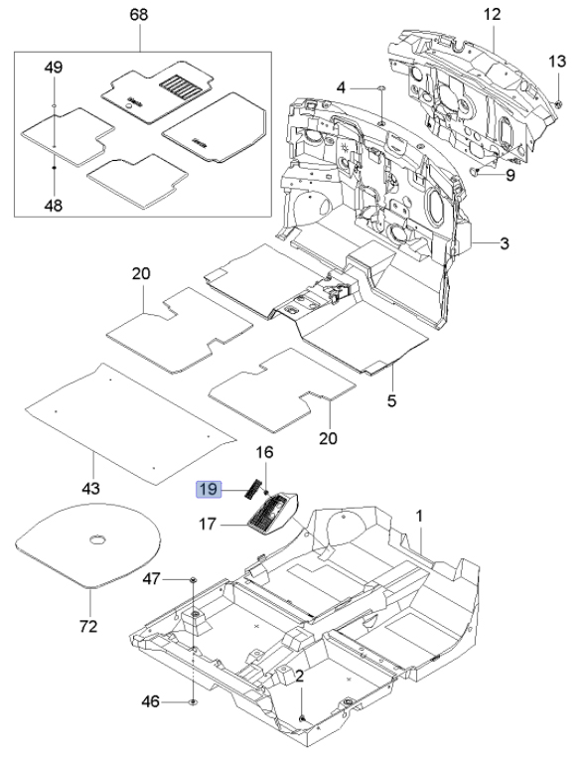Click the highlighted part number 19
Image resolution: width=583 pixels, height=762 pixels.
(x=209, y=489)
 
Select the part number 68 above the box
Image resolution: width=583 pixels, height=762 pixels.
(x=138, y=15)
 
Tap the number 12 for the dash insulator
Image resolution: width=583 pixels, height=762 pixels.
(x=492, y=14)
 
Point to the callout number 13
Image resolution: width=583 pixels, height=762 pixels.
(x=557, y=62)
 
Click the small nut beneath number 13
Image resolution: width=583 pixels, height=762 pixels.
(x=559, y=102)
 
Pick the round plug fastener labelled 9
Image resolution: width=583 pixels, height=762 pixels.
(x=475, y=171)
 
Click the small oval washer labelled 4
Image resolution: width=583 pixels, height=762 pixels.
(x=381, y=88)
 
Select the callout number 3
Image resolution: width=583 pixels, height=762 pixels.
(x=505, y=243)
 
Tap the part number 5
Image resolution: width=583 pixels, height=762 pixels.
(x=391, y=400)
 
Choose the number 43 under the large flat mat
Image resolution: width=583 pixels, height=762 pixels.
(x=90, y=488)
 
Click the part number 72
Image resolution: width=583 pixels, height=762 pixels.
(x=88, y=627)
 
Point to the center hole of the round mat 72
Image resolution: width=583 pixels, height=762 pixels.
(x=98, y=538)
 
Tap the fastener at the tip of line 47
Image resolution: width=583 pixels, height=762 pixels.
(x=193, y=579)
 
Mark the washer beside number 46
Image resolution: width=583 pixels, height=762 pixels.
(x=193, y=702)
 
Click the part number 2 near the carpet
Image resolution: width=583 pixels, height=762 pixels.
(x=299, y=676)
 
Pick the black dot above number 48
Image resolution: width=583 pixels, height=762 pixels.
(x=55, y=167)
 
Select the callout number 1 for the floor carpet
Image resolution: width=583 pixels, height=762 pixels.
(x=419, y=516)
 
